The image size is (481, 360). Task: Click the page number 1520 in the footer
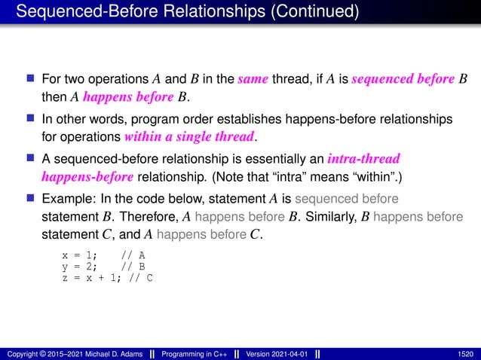[x=465, y=353]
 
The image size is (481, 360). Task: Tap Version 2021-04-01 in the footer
[x=274, y=353]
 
